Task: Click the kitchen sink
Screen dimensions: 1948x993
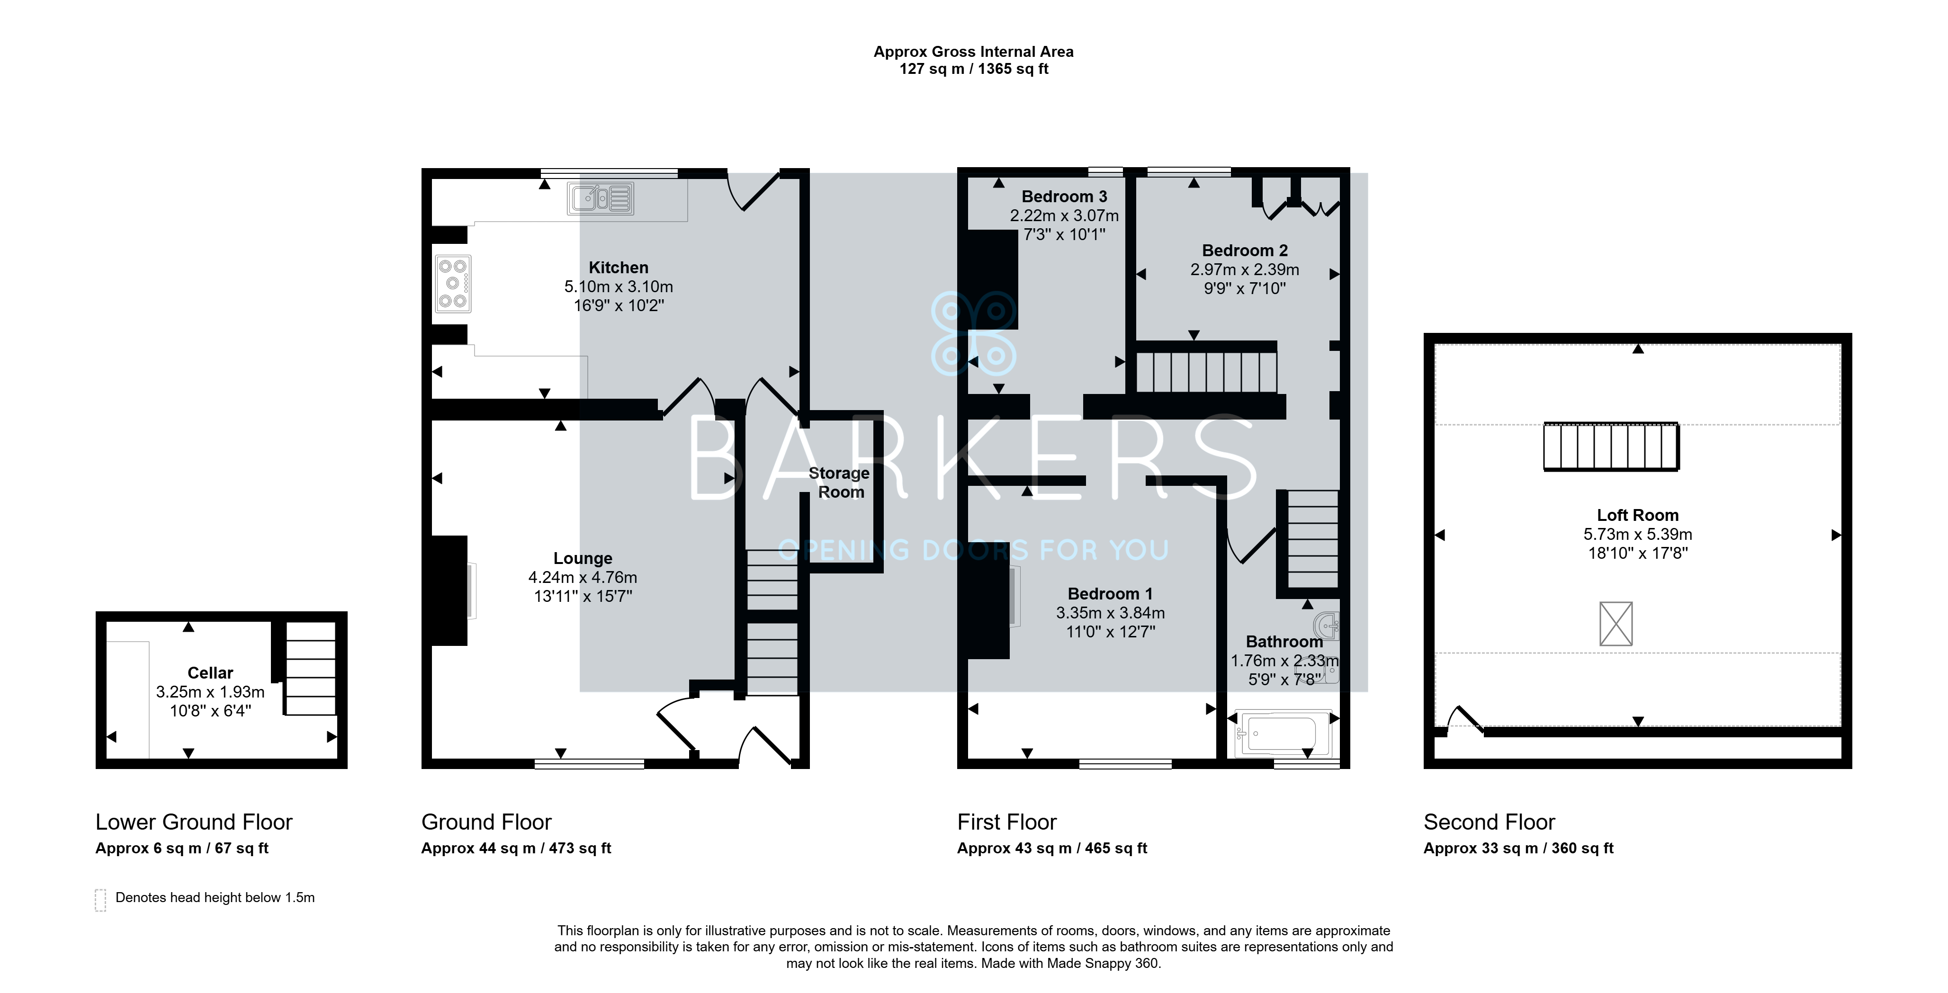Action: pos(601,198)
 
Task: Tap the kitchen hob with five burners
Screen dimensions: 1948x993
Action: pos(453,284)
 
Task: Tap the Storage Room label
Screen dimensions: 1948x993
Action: pos(839,483)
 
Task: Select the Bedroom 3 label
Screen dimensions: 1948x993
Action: pos(1064,197)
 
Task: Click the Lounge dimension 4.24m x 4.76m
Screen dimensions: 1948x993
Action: pos(582,577)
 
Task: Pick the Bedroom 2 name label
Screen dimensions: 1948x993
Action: pos(1245,250)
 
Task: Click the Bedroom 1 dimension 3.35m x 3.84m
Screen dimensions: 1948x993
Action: pos(1110,613)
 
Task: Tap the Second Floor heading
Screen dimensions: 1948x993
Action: pos(1489,822)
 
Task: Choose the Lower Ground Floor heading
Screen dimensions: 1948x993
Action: pos(194,822)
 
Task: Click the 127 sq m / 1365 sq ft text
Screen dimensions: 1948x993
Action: pos(974,69)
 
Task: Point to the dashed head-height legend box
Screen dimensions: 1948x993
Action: pos(100,900)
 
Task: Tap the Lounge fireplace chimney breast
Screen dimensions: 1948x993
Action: pos(449,590)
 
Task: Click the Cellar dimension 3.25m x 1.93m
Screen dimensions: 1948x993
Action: pos(210,692)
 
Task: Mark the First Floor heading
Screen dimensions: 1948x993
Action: pos(1006,822)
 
